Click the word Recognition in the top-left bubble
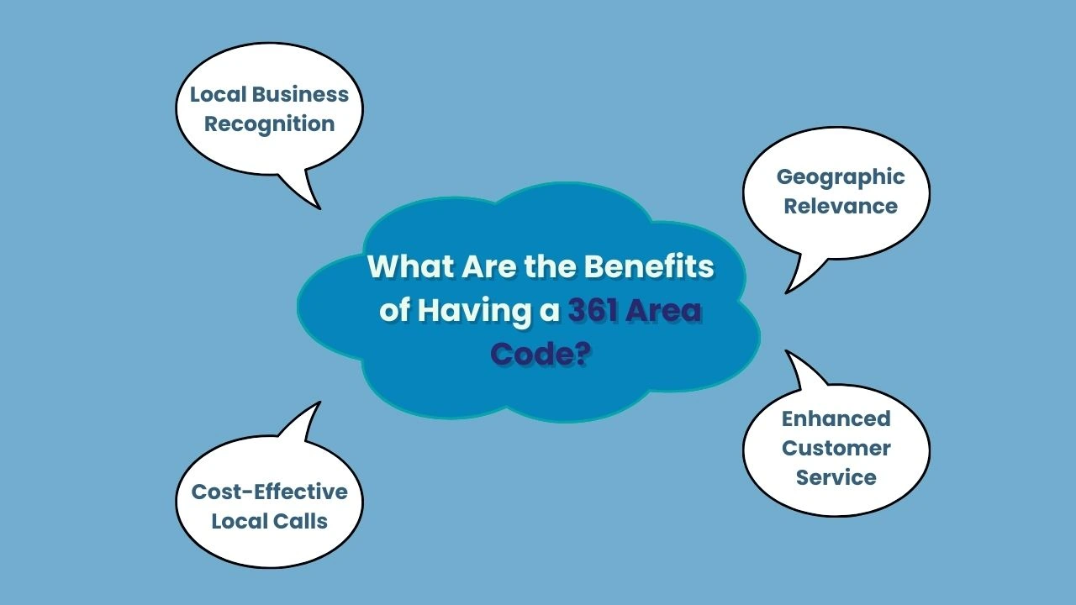(x=269, y=124)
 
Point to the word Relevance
(x=840, y=206)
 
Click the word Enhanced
(x=836, y=418)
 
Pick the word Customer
(x=836, y=448)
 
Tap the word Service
(x=836, y=477)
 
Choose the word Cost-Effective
(x=269, y=492)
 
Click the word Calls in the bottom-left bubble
(x=303, y=521)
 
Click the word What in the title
(x=409, y=267)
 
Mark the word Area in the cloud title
(x=667, y=311)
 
